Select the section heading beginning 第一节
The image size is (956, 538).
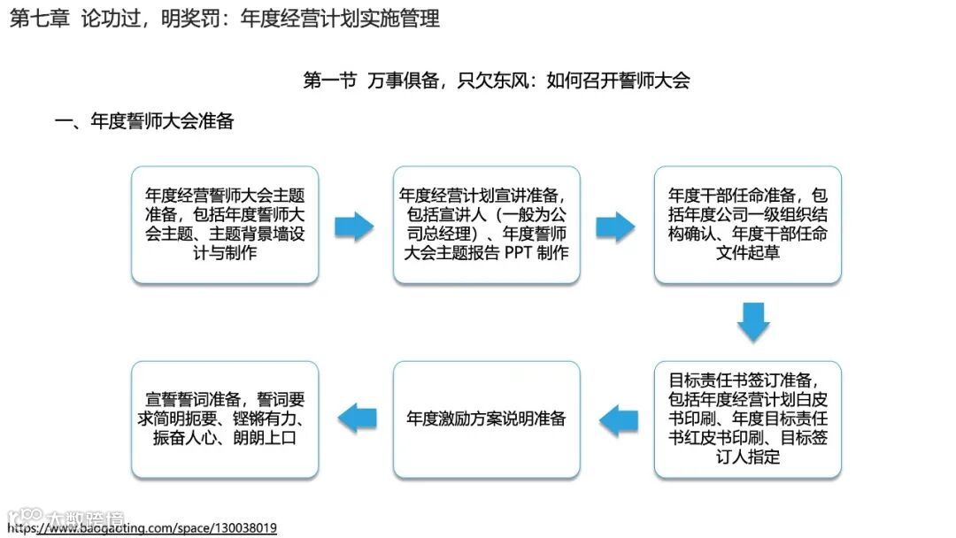(496, 81)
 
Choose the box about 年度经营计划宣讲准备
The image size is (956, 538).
(486, 224)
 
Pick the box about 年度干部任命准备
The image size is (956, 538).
(748, 224)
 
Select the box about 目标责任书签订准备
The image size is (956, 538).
(748, 419)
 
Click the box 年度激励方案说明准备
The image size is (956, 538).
(486, 419)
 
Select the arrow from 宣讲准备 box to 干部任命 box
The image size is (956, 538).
(615, 227)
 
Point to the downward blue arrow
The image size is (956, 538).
(753, 321)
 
